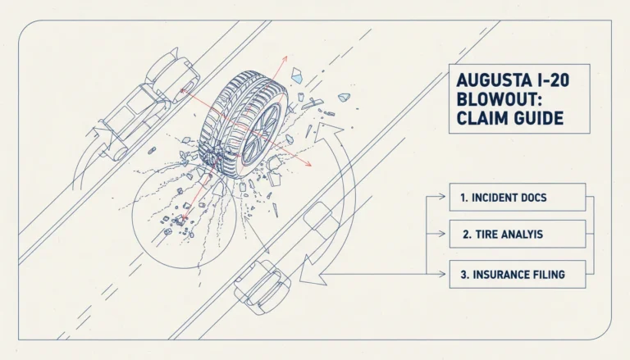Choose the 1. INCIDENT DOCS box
[x=518, y=198]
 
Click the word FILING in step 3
[x=552, y=275]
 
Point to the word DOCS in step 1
[x=533, y=198]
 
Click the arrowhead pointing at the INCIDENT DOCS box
[x=442, y=197]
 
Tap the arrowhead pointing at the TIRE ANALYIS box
[x=442, y=234]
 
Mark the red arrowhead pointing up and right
[x=285, y=59]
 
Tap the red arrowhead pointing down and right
[x=308, y=163]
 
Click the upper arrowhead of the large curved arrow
[x=326, y=132]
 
